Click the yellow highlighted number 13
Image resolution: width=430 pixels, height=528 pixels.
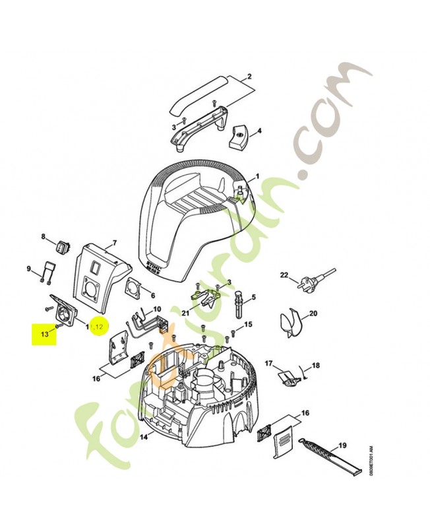click(x=45, y=335)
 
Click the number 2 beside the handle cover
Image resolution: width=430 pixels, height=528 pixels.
click(x=250, y=77)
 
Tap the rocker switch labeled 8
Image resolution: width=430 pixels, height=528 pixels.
click(x=63, y=248)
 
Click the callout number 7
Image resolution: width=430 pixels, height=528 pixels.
click(x=114, y=243)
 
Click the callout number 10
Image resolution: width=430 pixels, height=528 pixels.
click(x=157, y=309)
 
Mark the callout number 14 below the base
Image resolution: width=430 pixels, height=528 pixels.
click(x=144, y=436)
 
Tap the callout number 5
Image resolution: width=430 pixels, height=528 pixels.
click(x=253, y=297)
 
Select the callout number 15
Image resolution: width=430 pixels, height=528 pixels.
click(x=248, y=325)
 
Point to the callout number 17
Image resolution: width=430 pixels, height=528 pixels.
click(x=268, y=364)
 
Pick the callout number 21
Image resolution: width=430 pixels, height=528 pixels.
click(x=186, y=312)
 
